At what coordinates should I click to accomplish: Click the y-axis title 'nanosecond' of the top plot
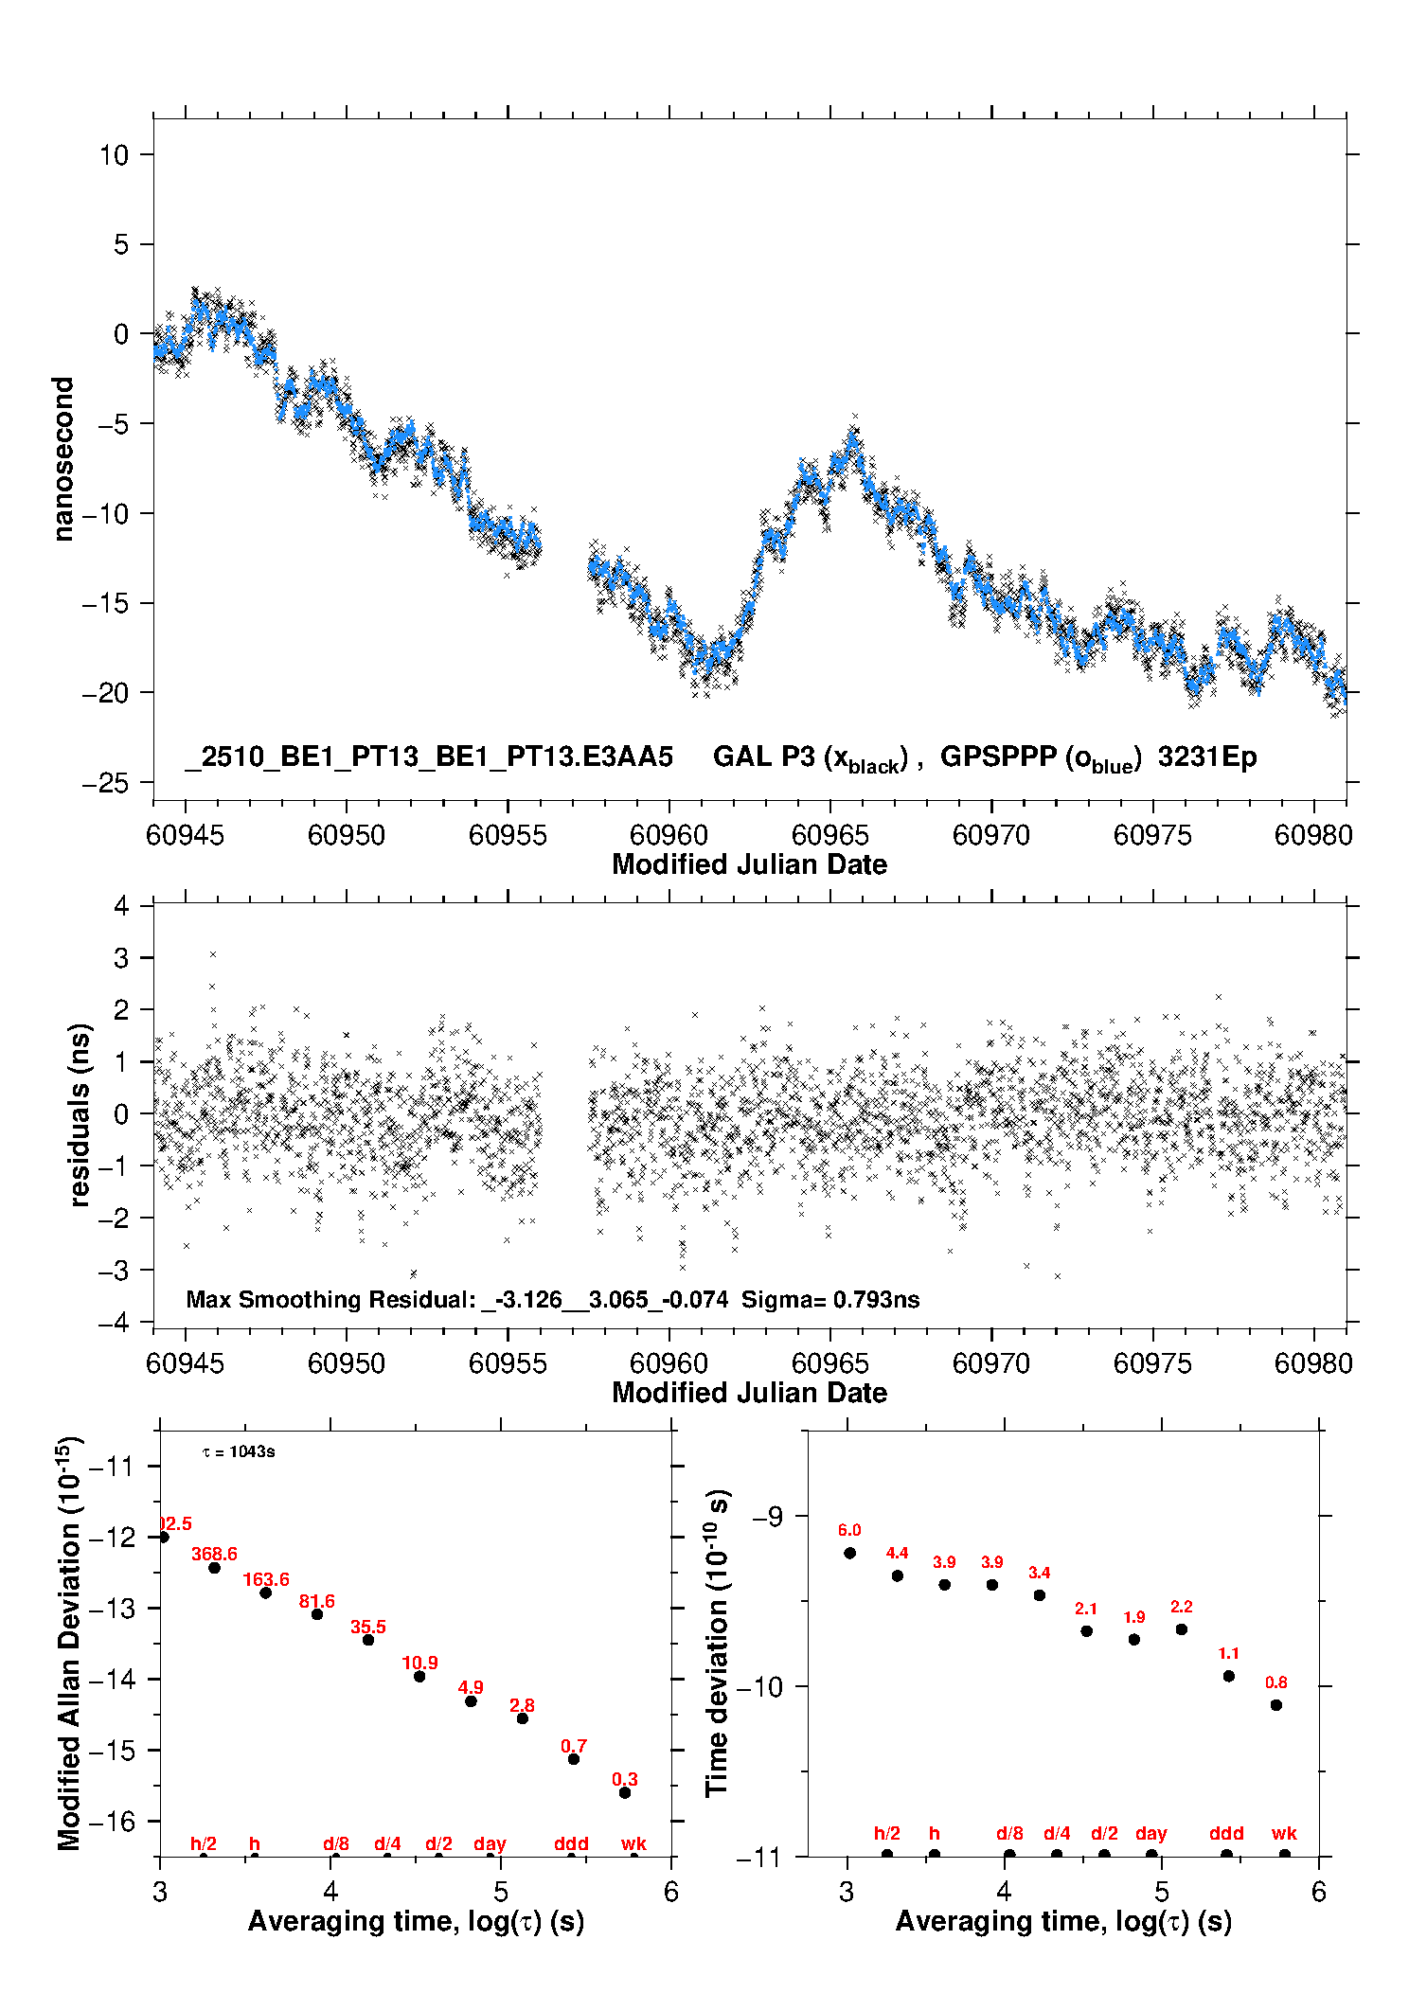(x=62, y=459)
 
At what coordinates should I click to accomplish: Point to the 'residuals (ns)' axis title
(x=80, y=1114)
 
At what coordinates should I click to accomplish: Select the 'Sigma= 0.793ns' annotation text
(x=829, y=1299)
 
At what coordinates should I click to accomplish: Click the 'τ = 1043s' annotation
(x=239, y=1451)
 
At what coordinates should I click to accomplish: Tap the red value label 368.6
(x=214, y=1554)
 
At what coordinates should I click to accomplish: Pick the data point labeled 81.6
(x=317, y=1613)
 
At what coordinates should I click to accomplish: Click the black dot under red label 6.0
(x=849, y=1553)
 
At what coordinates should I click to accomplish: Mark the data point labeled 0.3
(x=625, y=1792)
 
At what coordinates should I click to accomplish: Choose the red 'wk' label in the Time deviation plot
(x=1284, y=1833)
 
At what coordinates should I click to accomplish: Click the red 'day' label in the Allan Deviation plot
(x=490, y=1843)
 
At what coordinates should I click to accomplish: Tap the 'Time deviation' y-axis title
(x=717, y=1643)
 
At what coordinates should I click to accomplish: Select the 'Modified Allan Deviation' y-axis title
(x=70, y=1643)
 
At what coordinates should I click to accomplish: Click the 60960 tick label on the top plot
(x=669, y=835)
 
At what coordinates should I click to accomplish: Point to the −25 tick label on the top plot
(x=105, y=783)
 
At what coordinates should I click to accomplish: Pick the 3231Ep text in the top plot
(x=1206, y=756)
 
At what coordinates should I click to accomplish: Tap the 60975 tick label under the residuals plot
(x=1152, y=1363)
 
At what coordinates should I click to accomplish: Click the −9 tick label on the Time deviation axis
(x=768, y=1516)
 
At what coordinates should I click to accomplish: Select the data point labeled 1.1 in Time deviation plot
(x=1229, y=1676)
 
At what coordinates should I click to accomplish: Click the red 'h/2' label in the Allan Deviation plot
(x=204, y=1843)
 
